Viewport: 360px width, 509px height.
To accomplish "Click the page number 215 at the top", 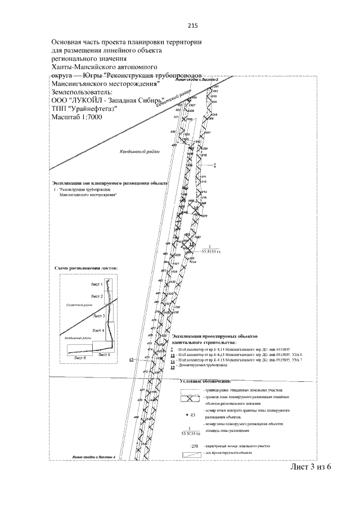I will click(x=192, y=25).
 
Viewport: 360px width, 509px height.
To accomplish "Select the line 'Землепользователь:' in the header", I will click(x=82, y=92).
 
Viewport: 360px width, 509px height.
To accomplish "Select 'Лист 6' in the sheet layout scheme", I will click(x=78, y=357).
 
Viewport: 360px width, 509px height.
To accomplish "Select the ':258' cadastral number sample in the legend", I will click(x=195, y=446).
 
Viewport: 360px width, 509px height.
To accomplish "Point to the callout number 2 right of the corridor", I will click(x=214, y=165).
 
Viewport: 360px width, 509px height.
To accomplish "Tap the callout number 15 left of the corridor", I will click(x=132, y=359).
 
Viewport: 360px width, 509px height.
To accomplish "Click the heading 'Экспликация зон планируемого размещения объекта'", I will click(x=110, y=183).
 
